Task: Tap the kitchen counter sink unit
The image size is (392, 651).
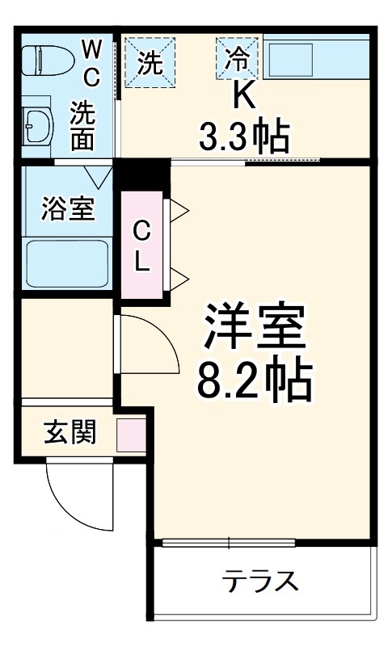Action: (317, 57)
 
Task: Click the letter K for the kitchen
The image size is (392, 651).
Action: (243, 95)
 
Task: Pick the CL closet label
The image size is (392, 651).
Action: (141, 246)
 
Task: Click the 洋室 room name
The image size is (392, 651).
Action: (253, 328)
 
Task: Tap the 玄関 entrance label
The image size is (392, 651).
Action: (70, 433)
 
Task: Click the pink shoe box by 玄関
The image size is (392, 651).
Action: (130, 435)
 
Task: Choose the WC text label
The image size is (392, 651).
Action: (91, 61)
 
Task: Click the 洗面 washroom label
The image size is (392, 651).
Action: (82, 124)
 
